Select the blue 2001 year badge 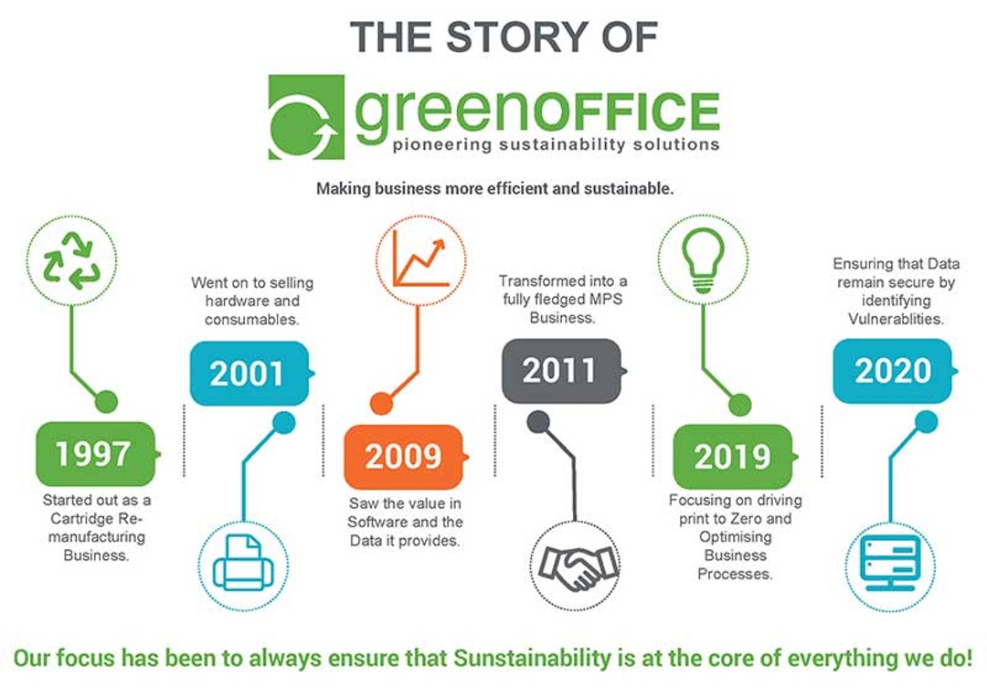pyautogui.click(x=249, y=374)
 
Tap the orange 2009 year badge pyautogui.click(x=405, y=456)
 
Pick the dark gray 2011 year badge pyautogui.click(x=562, y=370)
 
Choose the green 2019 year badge pyautogui.click(x=734, y=456)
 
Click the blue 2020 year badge pyautogui.click(x=894, y=370)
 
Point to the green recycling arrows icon pyautogui.click(x=71, y=260)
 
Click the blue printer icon pyautogui.click(x=244, y=563)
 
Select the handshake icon pyautogui.click(x=576, y=566)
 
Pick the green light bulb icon pyautogui.click(x=703, y=260)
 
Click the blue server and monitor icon pyautogui.click(x=890, y=563)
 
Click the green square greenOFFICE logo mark pyautogui.click(x=306, y=117)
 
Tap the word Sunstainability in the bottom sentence pyautogui.click(x=532, y=659)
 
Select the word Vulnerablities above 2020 pyautogui.click(x=896, y=319)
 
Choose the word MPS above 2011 pyautogui.click(x=605, y=299)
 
